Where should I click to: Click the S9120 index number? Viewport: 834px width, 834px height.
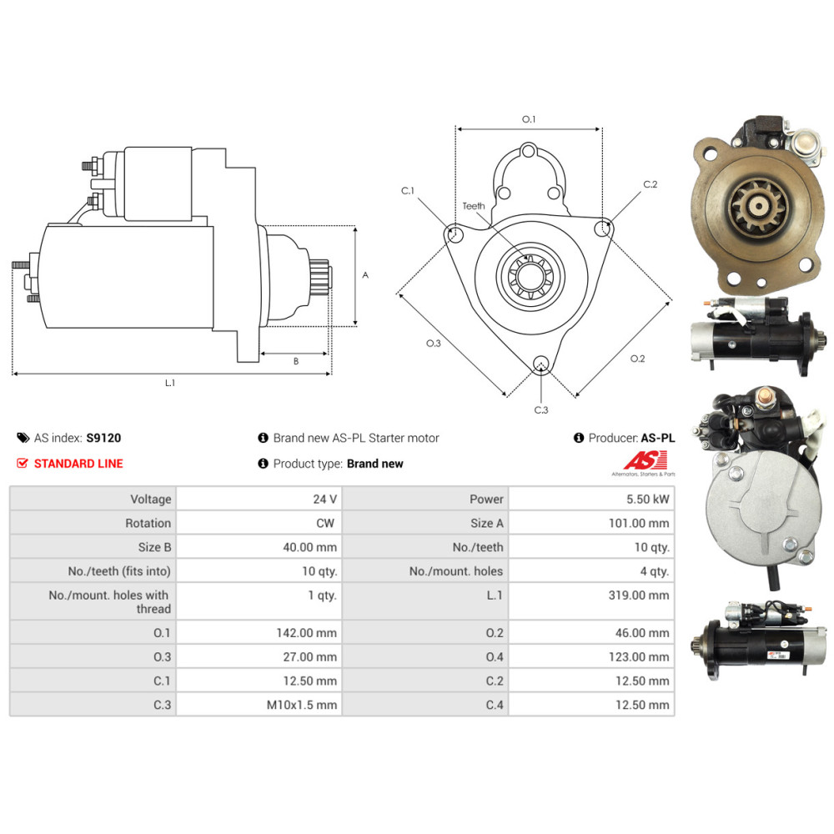pyautogui.click(x=103, y=438)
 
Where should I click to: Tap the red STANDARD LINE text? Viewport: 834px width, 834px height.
pyautogui.click(x=78, y=464)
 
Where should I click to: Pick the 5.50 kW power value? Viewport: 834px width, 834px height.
pyautogui.click(x=647, y=499)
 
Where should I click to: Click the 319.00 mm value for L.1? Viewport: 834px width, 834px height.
pyautogui.click(x=639, y=595)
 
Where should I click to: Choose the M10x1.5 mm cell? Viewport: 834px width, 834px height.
pyautogui.click(x=302, y=705)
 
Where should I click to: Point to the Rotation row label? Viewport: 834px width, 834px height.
pyautogui.click(x=148, y=523)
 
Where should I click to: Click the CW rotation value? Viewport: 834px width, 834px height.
pyautogui.click(x=325, y=523)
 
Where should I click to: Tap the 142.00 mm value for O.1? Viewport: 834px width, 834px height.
pyautogui.click(x=306, y=633)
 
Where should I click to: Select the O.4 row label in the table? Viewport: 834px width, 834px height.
pyautogui.click(x=494, y=657)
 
